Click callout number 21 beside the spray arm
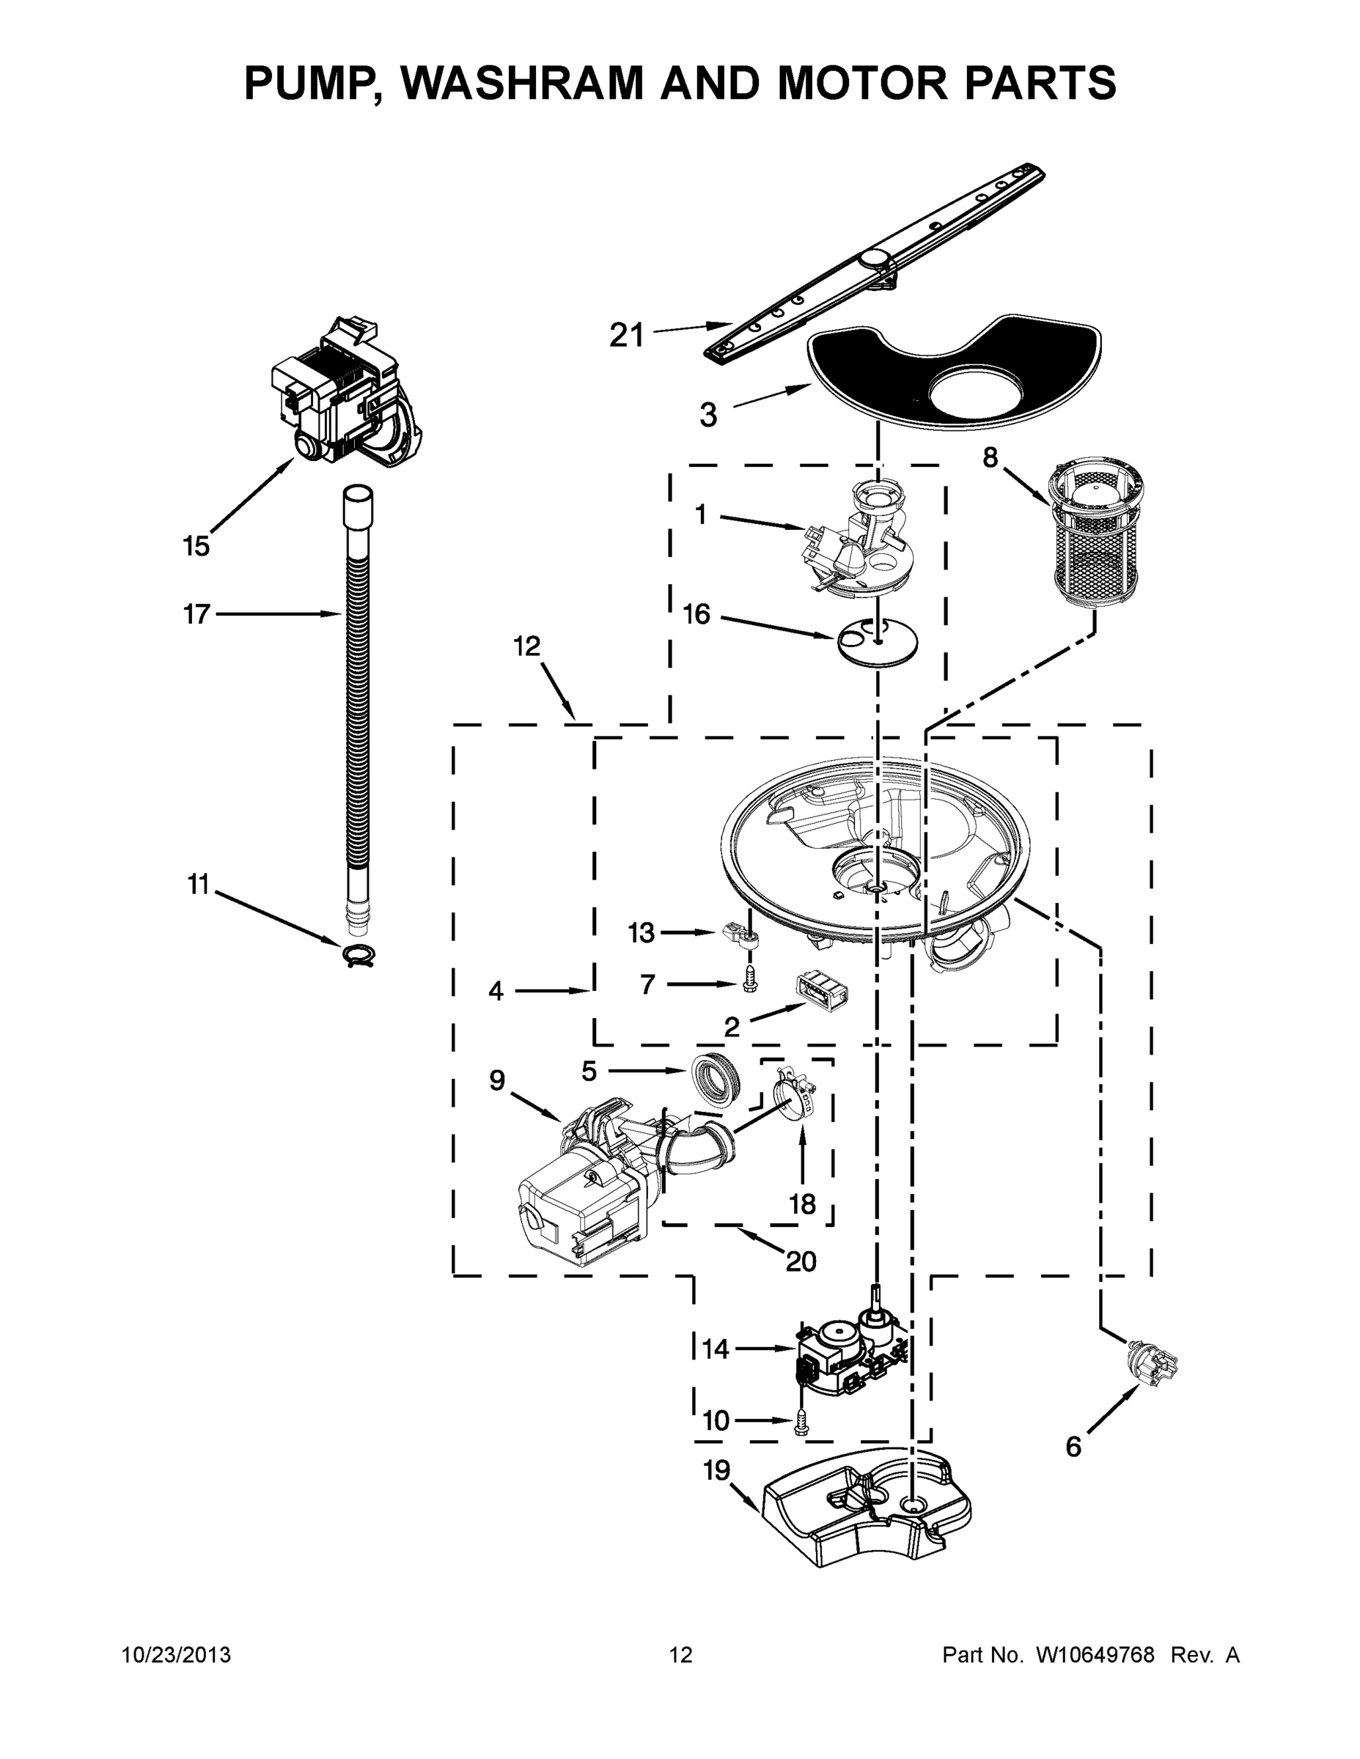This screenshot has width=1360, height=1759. coord(627,334)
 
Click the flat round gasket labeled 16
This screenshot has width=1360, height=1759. coord(878,642)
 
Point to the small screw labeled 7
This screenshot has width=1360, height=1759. coord(749,983)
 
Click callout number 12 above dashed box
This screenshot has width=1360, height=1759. coord(527,646)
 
